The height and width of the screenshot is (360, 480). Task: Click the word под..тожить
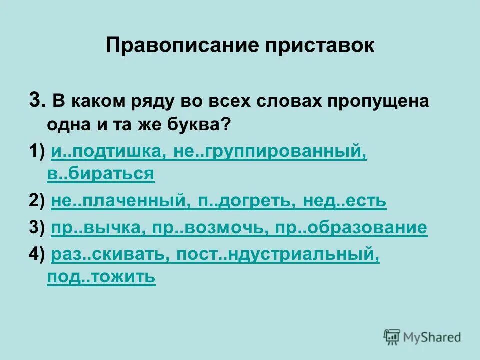(101, 277)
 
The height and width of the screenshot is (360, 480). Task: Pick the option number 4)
(36, 255)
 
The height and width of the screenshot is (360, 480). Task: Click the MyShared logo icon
(392, 337)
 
